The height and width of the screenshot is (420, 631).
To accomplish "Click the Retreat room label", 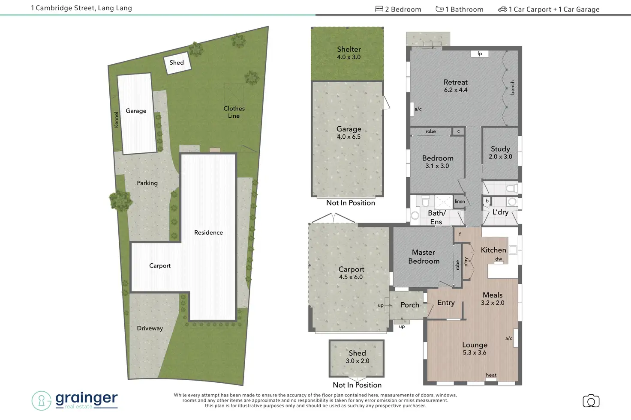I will coord(455,82).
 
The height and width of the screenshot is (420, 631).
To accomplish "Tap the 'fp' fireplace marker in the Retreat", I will coord(480,54).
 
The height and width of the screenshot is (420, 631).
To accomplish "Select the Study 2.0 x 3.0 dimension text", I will coord(500,157).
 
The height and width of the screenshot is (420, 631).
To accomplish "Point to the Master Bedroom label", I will coord(424,257).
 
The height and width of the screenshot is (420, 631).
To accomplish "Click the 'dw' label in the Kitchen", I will coord(499,259).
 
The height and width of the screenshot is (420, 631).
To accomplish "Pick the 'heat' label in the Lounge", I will coord(491,375).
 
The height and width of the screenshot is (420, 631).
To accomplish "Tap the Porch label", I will coord(410,305).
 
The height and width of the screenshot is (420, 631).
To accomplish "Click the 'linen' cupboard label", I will coord(460,201).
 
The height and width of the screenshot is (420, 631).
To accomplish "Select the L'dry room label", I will coord(500,212).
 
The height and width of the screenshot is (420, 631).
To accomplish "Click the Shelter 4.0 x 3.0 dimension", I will coord(349,57).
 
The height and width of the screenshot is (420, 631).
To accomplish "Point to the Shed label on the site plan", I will coord(177,63).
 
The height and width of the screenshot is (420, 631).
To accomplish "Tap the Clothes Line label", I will coord(234,112).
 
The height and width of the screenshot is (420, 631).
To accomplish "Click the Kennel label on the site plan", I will coord(116,119).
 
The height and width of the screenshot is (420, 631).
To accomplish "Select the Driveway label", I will coord(150,328).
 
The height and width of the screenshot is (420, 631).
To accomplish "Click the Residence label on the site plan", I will coord(208,232).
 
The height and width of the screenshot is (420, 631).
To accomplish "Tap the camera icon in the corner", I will coord(591,401).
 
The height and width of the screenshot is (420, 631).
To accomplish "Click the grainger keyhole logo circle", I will coord(42,401).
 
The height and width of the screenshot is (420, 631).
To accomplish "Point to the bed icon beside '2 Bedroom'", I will coord(379,9).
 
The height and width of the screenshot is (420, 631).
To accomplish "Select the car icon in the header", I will coord(502,9).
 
